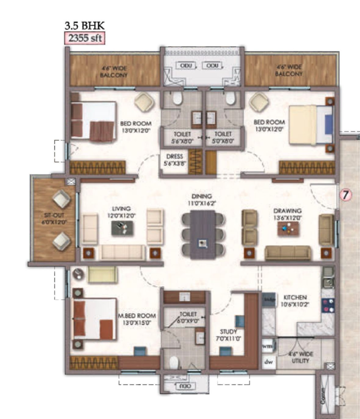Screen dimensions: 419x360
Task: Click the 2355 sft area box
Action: click(85, 38)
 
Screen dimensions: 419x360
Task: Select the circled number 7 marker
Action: click(346, 195)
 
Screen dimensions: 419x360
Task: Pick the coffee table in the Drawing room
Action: click(288, 228)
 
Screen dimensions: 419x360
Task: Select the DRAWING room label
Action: click(288, 214)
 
